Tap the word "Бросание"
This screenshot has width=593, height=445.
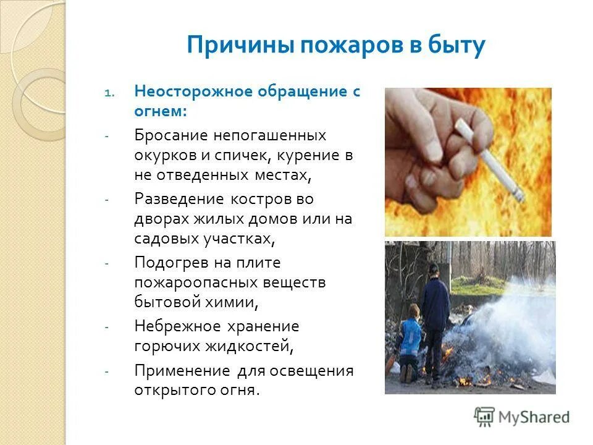[x=170, y=135]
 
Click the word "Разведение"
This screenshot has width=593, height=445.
[x=179, y=200]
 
